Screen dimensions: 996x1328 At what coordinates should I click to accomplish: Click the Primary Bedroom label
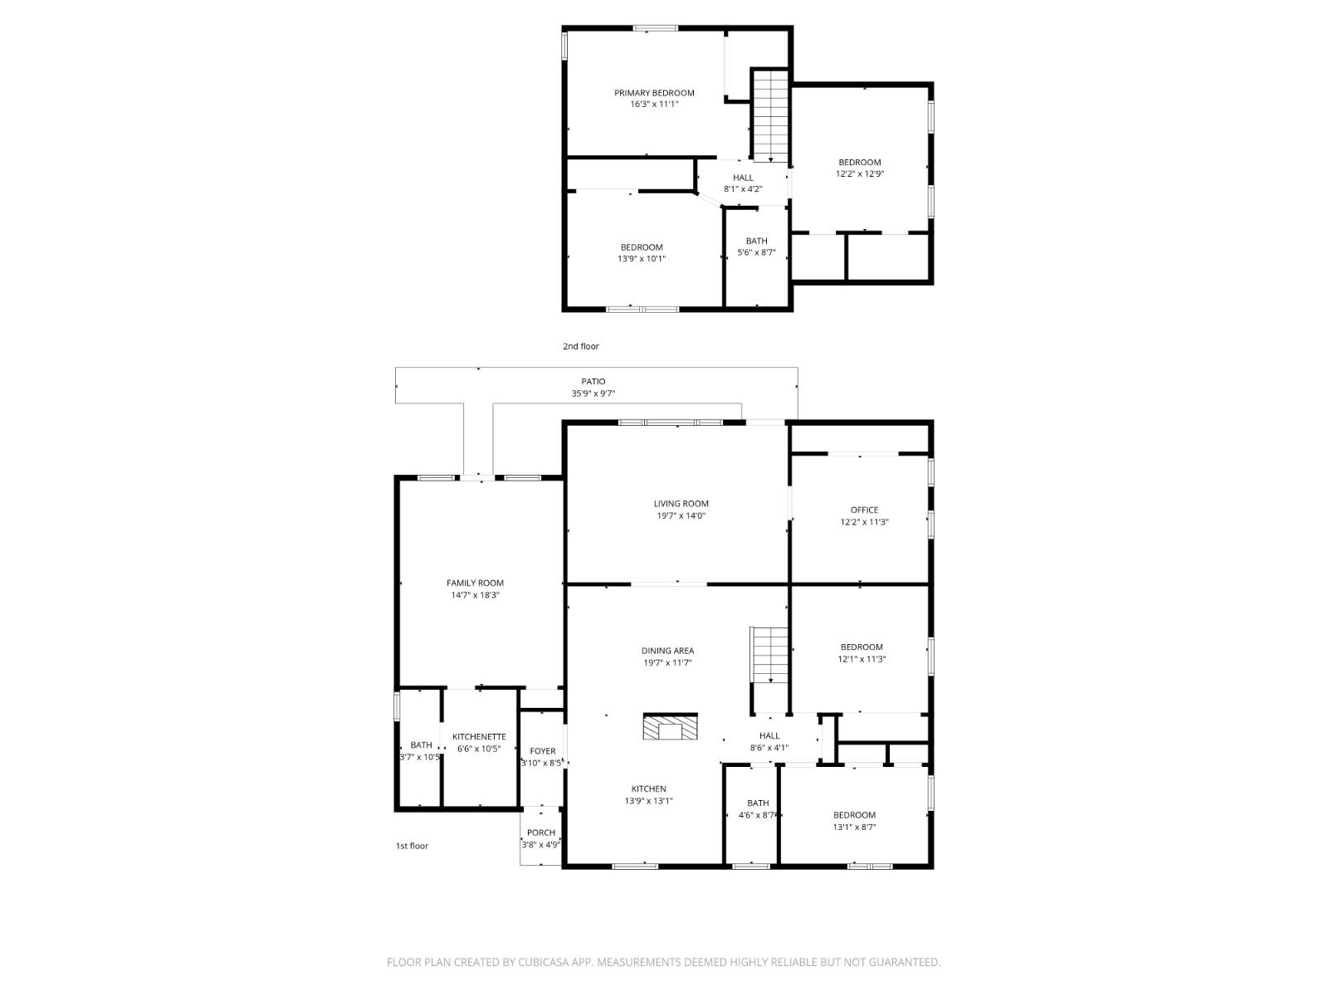[654, 93]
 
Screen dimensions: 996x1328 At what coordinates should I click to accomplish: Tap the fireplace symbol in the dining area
[670, 728]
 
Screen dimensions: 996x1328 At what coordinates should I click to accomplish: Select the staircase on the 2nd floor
[770, 116]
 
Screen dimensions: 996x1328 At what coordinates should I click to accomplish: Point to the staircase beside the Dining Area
[770, 655]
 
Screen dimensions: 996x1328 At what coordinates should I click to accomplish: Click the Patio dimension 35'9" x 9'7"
[593, 393]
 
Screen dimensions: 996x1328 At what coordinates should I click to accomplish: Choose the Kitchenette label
[479, 736]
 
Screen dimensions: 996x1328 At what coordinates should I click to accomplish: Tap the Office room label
[864, 510]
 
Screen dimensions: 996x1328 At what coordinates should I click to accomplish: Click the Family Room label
[475, 583]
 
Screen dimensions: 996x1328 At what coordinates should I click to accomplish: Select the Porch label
[541, 832]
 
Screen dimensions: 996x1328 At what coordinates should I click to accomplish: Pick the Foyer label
[543, 751]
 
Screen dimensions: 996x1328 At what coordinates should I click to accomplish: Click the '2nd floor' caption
[581, 346]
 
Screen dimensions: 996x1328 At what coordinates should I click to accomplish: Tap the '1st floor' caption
[412, 846]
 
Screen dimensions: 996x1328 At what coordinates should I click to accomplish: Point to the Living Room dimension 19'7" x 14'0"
[681, 515]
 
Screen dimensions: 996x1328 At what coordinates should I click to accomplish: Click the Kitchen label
[648, 788]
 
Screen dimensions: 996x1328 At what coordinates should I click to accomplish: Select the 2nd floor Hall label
[743, 178]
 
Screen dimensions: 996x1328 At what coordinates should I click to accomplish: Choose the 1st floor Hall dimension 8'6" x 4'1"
[769, 748]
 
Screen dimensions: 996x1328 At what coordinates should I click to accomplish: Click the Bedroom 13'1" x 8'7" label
[854, 815]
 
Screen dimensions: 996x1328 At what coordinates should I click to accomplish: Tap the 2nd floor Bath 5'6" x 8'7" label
[756, 252]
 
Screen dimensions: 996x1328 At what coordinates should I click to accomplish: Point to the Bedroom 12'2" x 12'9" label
[859, 163]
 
